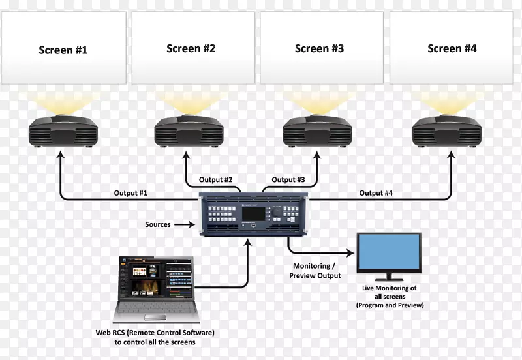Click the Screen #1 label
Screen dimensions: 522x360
(x=63, y=50)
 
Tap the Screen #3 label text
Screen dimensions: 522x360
(x=319, y=48)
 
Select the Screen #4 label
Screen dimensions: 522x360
(x=452, y=48)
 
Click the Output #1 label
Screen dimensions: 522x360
(x=130, y=193)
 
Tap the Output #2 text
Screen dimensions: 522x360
(x=215, y=179)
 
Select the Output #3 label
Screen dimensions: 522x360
(x=288, y=179)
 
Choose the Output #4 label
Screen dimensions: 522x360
(x=376, y=193)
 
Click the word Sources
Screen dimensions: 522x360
(x=158, y=224)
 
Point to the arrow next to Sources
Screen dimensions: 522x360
(x=185, y=224)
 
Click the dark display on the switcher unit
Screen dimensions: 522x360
(x=253, y=214)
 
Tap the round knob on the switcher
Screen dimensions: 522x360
(x=277, y=211)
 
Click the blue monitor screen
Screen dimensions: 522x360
(x=389, y=252)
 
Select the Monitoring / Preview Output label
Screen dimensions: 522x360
(x=315, y=271)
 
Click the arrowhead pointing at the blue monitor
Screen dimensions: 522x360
(x=350, y=253)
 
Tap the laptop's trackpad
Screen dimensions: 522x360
(x=155, y=318)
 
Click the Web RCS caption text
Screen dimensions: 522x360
(x=155, y=337)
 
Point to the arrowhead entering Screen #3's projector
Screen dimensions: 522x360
(x=317, y=155)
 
